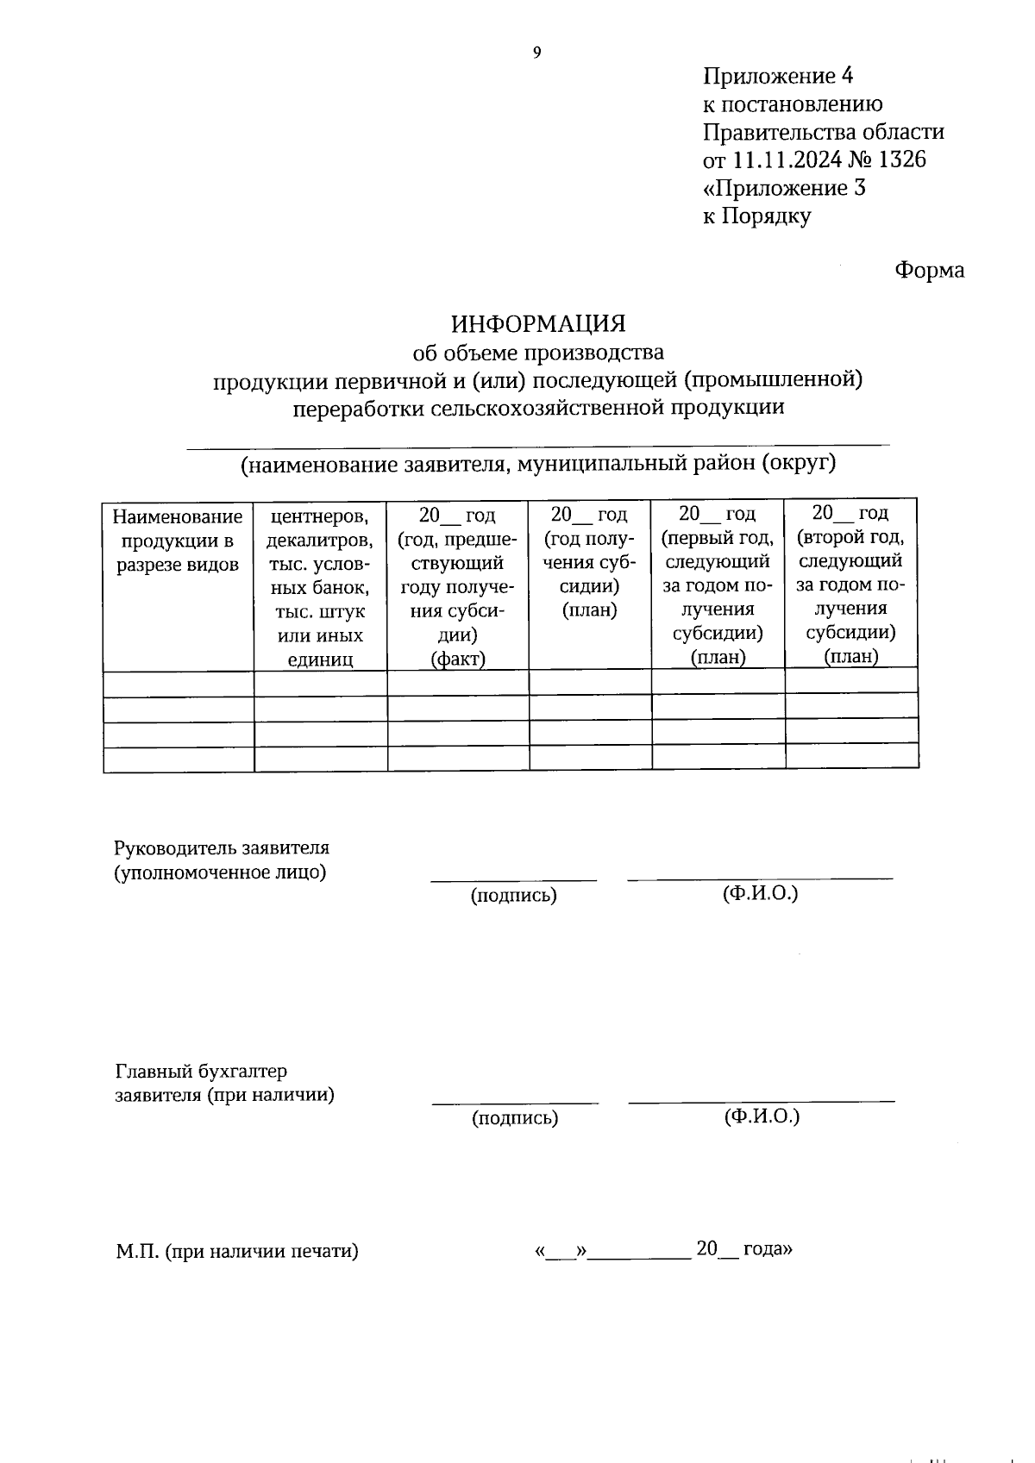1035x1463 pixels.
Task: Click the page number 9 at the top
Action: click(x=536, y=53)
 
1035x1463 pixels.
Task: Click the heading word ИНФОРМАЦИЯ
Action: click(x=538, y=324)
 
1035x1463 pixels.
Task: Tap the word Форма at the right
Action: click(x=929, y=271)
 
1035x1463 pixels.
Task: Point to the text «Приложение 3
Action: click(x=784, y=188)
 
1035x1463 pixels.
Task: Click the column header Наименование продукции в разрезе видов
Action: click(x=178, y=541)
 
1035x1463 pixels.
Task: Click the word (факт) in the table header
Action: click(x=458, y=660)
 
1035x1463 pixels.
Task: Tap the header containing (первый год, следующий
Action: click(x=718, y=585)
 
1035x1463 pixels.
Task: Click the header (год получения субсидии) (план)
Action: click(x=590, y=562)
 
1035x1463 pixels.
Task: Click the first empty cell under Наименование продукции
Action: click(x=178, y=685)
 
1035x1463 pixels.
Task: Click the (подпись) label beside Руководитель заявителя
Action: click(x=513, y=896)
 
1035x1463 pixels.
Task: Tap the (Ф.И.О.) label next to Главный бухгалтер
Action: click(x=762, y=1117)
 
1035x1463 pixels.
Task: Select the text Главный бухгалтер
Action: click(x=201, y=1072)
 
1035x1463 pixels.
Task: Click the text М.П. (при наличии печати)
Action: click(x=237, y=1251)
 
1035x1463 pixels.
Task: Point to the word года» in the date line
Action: click(x=767, y=1249)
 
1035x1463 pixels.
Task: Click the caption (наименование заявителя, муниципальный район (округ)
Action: click(x=538, y=464)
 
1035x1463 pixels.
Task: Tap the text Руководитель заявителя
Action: click(x=222, y=848)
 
